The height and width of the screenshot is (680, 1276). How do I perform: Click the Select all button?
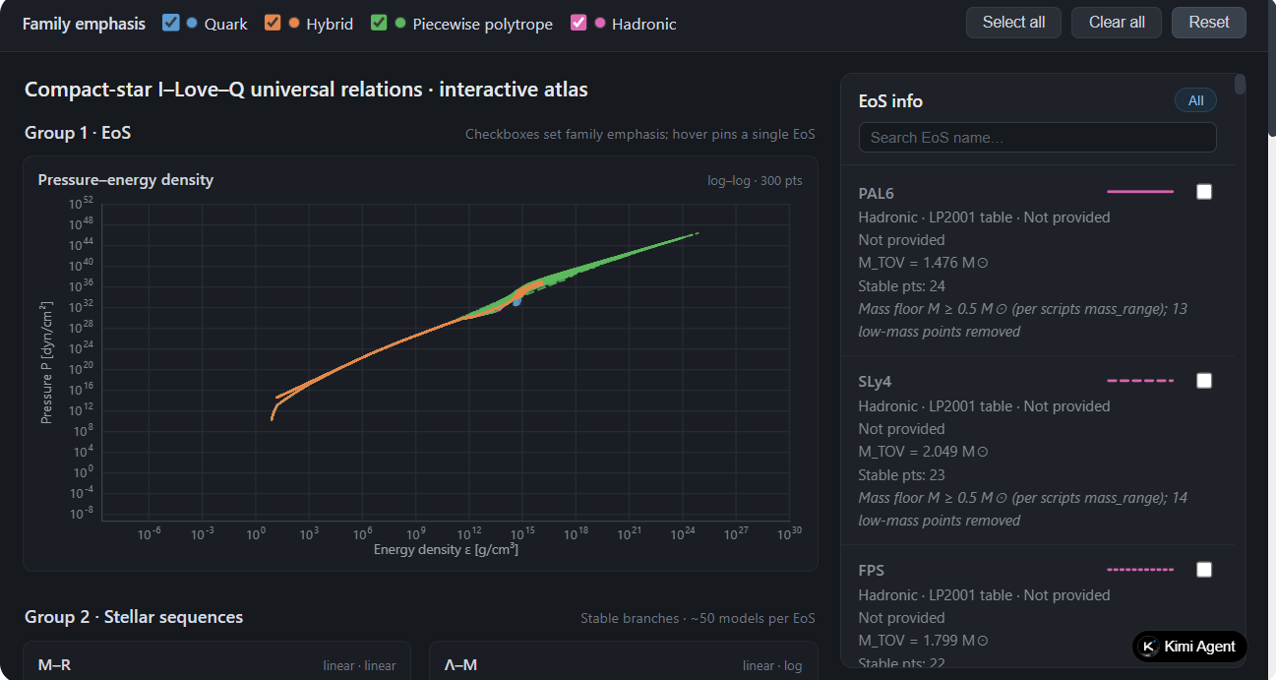pyautogui.click(x=1013, y=23)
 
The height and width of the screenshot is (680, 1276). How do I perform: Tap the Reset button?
pyautogui.click(x=1209, y=23)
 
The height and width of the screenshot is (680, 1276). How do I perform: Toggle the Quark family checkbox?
pyautogui.click(x=170, y=23)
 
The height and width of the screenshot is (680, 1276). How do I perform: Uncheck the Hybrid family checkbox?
pyautogui.click(x=273, y=23)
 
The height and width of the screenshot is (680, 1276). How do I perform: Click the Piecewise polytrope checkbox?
pyautogui.click(x=379, y=23)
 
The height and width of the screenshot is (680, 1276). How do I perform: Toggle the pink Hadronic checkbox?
pyautogui.click(x=578, y=23)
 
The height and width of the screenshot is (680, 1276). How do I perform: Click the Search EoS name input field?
pyautogui.click(x=1037, y=138)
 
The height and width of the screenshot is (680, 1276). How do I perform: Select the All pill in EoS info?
pyautogui.click(x=1195, y=101)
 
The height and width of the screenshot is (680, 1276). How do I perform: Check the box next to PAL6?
pyautogui.click(x=1204, y=192)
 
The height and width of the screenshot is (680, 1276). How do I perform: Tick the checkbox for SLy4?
pyautogui.click(x=1204, y=381)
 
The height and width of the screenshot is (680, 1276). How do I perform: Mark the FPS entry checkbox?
pyautogui.click(x=1204, y=570)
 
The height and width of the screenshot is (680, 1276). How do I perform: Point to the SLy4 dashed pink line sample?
pyautogui.click(x=1140, y=381)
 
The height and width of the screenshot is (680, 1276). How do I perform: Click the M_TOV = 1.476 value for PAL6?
pyautogui.click(x=924, y=263)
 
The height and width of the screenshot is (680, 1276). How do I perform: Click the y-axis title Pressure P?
pyautogui.click(x=46, y=363)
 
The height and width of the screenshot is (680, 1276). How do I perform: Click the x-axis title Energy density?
pyautogui.click(x=446, y=549)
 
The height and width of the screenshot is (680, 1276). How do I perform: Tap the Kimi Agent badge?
pyautogui.click(x=1189, y=647)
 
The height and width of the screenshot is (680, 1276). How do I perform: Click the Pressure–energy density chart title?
pyautogui.click(x=126, y=180)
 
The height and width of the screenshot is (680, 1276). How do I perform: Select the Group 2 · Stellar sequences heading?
pyautogui.click(x=134, y=617)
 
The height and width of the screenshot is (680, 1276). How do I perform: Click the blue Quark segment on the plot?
pyautogui.click(x=516, y=302)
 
